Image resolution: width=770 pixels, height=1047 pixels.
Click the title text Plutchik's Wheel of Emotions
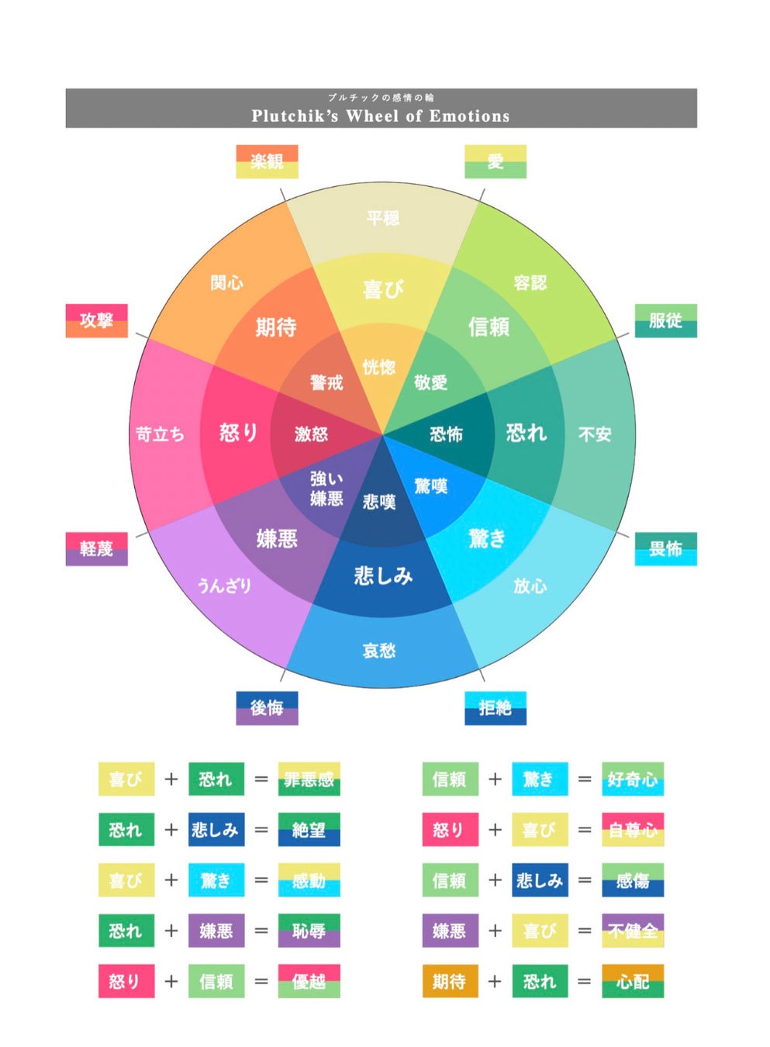(380, 116)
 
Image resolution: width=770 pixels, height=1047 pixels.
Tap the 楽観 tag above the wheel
(267, 161)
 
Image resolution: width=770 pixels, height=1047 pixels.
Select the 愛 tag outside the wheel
(495, 161)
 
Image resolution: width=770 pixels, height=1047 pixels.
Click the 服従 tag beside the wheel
(665, 320)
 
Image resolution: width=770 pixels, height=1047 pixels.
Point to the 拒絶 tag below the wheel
(495, 707)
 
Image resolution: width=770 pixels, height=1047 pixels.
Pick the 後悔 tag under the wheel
(267, 707)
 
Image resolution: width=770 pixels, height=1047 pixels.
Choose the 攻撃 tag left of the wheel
(96, 320)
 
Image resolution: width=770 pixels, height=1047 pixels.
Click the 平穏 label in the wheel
(383, 218)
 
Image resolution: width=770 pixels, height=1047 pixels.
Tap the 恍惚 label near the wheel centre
(379, 367)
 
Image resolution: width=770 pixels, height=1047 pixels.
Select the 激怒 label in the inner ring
(311, 434)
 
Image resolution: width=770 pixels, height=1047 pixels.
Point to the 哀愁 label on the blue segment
(379, 650)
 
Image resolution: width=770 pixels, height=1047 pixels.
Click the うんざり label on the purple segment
(224, 585)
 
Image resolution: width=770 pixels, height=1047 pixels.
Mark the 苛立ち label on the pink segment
(161, 434)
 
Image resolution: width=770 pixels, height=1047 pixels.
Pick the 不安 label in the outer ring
(595, 434)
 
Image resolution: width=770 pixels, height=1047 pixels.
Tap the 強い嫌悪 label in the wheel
(326, 489)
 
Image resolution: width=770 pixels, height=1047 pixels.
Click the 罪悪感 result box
(309, 779)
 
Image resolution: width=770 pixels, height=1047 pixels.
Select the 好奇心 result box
(633, 779)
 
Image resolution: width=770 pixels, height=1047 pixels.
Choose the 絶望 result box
(309, 830)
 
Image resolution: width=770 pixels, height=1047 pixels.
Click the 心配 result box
(633, 981)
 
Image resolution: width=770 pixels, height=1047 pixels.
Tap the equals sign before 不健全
(585, 931)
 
